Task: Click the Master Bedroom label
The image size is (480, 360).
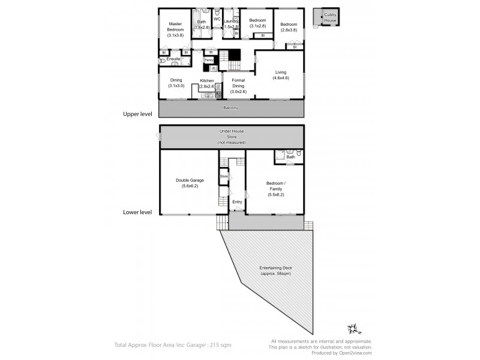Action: click(x=175, y=26)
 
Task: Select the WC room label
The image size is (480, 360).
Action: click(x=217, y=19)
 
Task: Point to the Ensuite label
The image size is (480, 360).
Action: click(x=173, y=59)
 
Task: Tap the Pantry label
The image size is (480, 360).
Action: click(x=209, y=60)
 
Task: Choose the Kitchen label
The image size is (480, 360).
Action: click(x=207, y=80)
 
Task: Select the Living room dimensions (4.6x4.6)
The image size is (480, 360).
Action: click(x=281, y=78)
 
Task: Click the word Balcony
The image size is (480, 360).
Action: click(x=231, y=107)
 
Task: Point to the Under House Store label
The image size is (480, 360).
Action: click(x=231, y=136)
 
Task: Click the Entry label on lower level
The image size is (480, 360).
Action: click(x=237, y=202)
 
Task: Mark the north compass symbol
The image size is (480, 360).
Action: click(x=352, y=329)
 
